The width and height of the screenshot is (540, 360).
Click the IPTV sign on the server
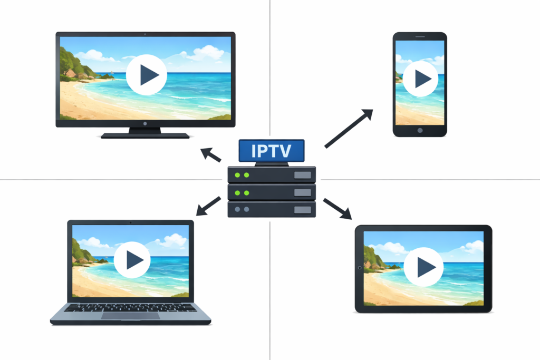click(x=271, y=151)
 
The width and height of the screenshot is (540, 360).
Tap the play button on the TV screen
click(x=147, y=75)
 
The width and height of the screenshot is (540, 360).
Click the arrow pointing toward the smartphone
click(x=348, y=128)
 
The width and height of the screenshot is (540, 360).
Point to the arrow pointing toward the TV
click(x=211, y=154)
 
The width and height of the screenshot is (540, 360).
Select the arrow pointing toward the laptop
click(x=208, y=206)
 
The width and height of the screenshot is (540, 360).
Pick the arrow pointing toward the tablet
click(x=337, y=208)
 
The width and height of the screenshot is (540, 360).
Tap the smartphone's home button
click(x=420, y=130)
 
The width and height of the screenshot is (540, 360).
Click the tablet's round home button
click(x=360, y=268)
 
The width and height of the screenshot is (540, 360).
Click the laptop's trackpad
click(x=130, y=316)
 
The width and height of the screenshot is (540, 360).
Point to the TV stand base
click(x=145, y=135)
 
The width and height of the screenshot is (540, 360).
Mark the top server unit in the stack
click(x=272, y=174)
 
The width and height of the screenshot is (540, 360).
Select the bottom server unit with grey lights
click(x=272, y=209)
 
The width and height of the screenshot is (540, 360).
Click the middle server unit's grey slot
click(x=302, y=192)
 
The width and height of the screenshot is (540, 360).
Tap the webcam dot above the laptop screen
click(x=130, y=223)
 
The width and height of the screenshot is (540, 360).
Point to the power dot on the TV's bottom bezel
click(x=146, y=123)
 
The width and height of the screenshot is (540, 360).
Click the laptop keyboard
click(x=130, y=307)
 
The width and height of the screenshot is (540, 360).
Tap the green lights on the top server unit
click(x=242, y=175)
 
